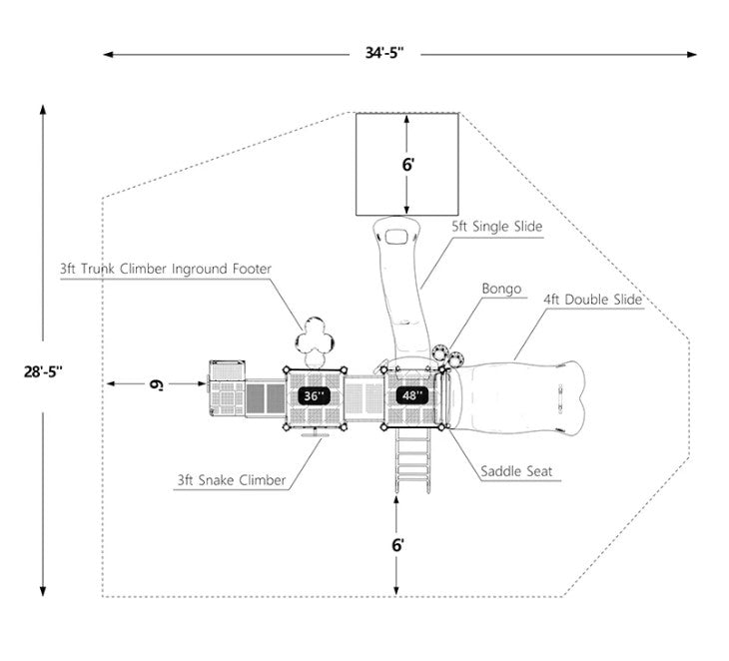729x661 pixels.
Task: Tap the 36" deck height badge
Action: pyautogui.click(x=314, y=395)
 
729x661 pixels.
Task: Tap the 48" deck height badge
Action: pyautogui.click(x=411, y=395)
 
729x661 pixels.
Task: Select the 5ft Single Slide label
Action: pyautogui.click(x=495, y=227)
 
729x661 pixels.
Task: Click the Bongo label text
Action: pyautogui.click(x=501, y=290)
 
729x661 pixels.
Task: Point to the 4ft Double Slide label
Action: pyautogui.click(x=591, y=299)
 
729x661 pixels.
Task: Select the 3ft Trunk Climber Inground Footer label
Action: pyautogui.click(x=165, y=268)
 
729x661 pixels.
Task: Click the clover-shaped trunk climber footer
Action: pyautogui.click(x=319, y=339)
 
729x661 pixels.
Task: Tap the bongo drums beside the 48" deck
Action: pyautogui.click(x=447, y=353)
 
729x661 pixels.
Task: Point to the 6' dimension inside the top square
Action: pyautogui.click(x=407, y=165)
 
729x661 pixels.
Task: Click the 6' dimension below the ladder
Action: pyautogui.click(x=397, y=545)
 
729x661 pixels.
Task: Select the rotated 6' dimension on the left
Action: pyautogui.click(x=156, y=383)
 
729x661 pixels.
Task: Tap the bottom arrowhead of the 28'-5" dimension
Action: pyautogui.click(x=44, y=590)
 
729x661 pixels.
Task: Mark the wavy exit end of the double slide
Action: pyautogui.click(x=570, y=395)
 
